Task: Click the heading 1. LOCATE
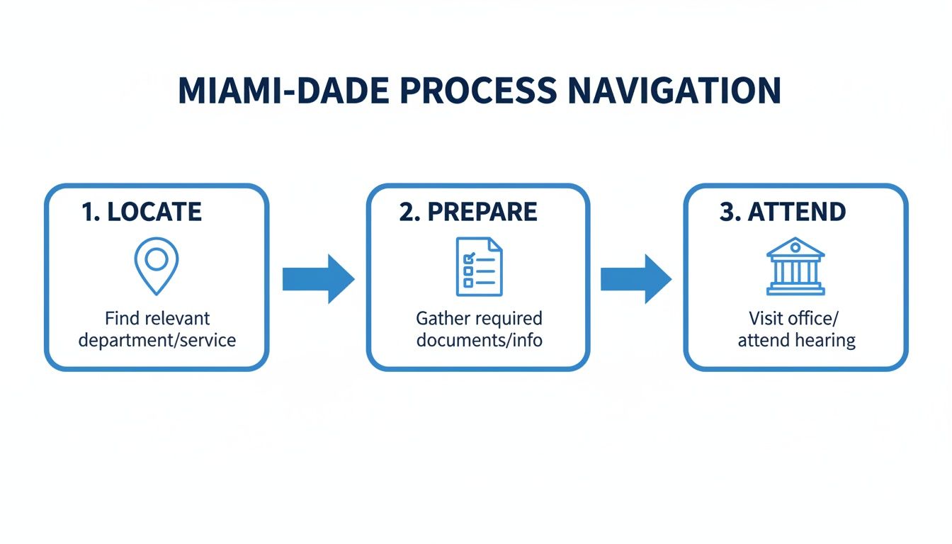142,212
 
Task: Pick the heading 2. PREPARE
468,212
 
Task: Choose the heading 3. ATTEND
783,212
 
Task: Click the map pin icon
157,266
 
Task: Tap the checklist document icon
479,266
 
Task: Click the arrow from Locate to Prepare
317,279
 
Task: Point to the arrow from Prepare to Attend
635,279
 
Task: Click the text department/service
157,340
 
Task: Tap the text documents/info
480,340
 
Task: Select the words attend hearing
796,341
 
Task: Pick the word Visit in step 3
764,319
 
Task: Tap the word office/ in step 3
813,319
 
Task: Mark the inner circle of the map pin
157,256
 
